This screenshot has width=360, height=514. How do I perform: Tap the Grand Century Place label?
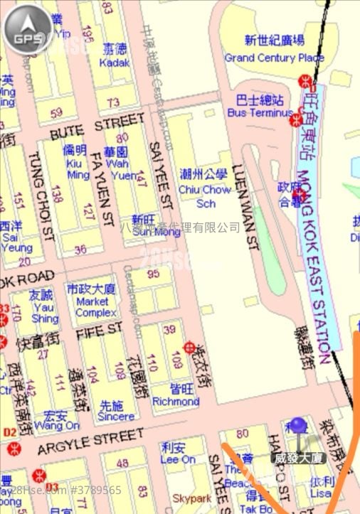pyautogui.click(x=274, y=57)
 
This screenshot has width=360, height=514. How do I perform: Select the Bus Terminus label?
pyautogui.click(x=260, y=113)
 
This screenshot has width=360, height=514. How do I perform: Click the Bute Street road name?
pyautogui.click(x=87, y=129)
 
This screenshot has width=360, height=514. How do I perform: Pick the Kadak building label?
pyautogui.click(x=116, y=63)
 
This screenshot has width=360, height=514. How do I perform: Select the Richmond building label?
pyautogui.click(x=175, y=401)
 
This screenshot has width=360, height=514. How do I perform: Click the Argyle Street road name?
pyautogui.click(x=85, y=441)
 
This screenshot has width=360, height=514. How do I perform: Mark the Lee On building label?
pyautogui.click(x=178, y=459)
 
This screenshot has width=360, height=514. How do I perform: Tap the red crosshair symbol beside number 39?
pyautogui.click(x=190, y=348)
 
